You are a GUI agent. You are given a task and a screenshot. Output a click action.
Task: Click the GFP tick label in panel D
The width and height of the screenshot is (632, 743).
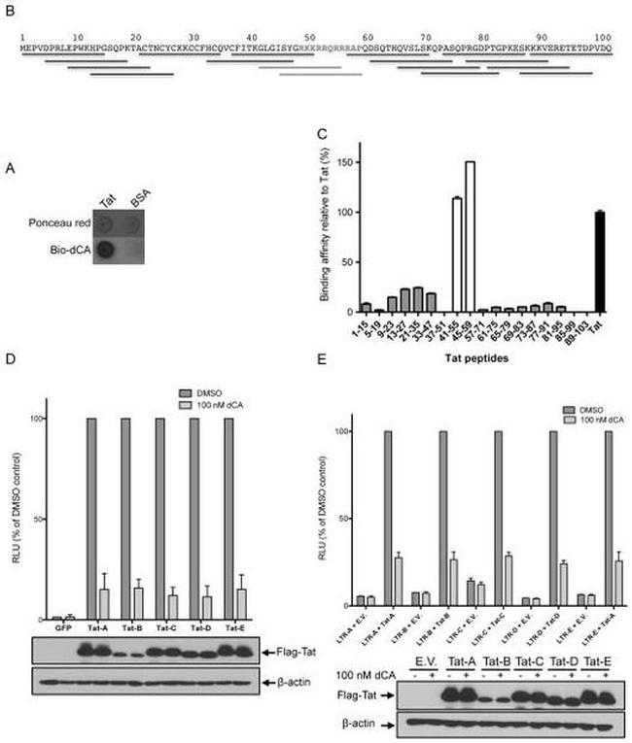tap(63, 628)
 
